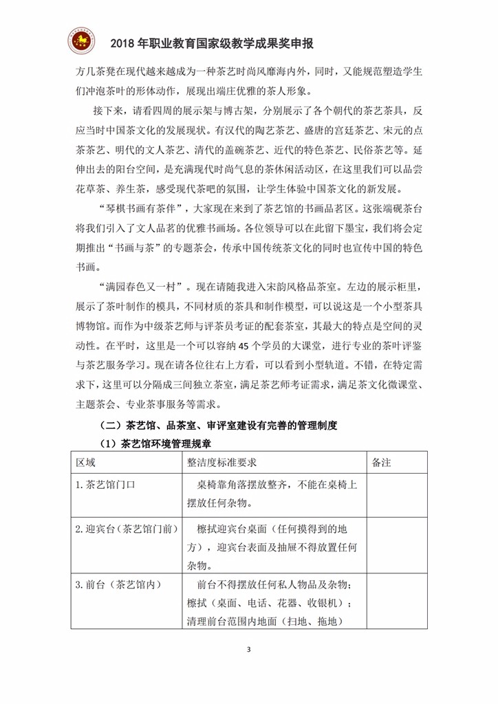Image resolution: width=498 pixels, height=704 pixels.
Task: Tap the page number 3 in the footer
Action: [x=249, y=649]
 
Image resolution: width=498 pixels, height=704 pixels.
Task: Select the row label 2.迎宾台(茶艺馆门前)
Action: [x=127, y=528]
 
